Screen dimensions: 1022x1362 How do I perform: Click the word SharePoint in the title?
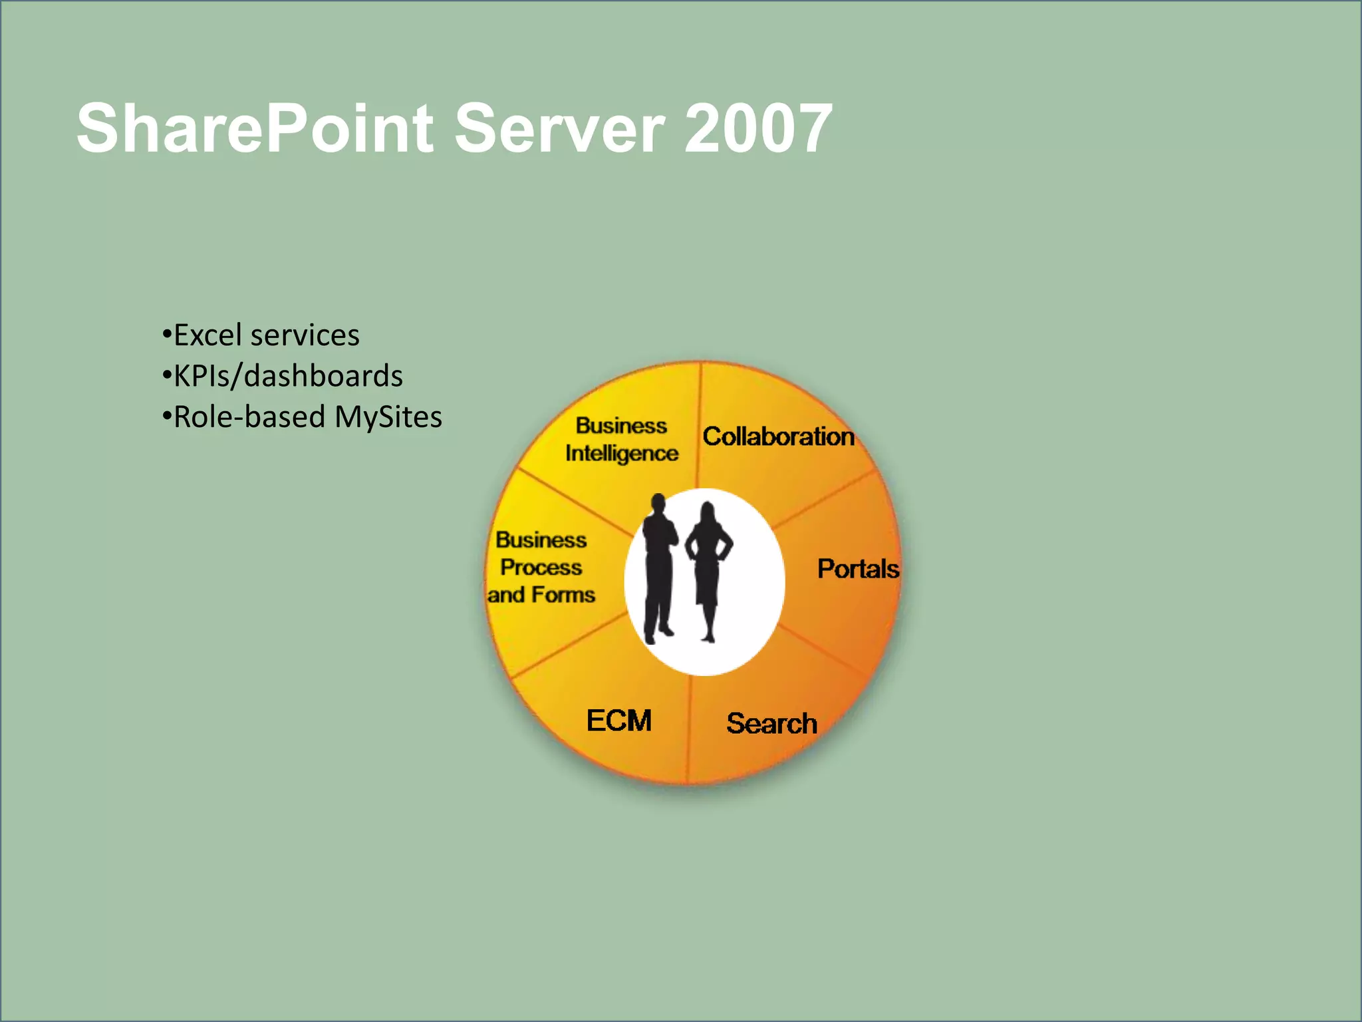click(255, 128)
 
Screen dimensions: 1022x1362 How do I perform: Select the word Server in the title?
click(559, 128)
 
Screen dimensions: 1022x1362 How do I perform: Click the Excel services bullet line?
click(261, 335)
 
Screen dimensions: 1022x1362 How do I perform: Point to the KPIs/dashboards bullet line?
click(283, 376)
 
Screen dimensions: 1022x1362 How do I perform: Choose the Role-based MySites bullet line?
click(302, 417)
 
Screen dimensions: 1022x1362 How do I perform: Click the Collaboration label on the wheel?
click(778, 436)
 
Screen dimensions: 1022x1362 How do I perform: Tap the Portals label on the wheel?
click(858, 569)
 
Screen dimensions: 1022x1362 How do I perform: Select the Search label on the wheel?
click(771, 723)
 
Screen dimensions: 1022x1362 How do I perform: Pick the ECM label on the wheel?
click(618, 721)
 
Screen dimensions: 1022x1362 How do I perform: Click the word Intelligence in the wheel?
click(622, 453)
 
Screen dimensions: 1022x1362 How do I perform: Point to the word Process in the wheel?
click(541, 567)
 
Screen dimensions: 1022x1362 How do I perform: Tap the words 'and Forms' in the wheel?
click(541, 594)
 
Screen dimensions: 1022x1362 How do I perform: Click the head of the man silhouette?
click(658, 504)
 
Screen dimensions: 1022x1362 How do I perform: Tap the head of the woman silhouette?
click(708, 514)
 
